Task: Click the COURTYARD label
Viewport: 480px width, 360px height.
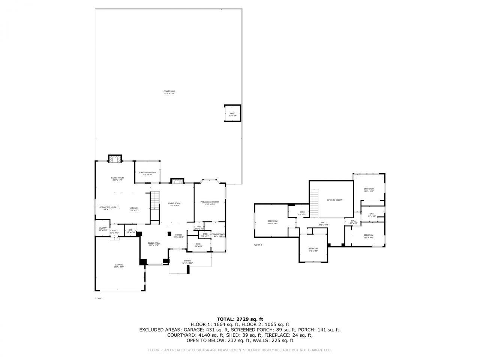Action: tap(169, 91)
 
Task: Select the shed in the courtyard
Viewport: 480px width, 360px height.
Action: tap(232, 113)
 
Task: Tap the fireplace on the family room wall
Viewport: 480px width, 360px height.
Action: tap(115, 159)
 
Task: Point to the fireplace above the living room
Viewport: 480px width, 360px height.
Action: tap(177, 181)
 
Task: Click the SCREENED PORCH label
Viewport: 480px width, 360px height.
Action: tap(147, 172)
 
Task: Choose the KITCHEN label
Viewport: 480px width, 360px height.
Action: tap(134, 208)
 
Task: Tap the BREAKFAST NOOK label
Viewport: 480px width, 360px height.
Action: tap(108, 207)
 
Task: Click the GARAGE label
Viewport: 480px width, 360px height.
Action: tap(119, 265)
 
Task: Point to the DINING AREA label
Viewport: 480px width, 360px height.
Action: tap(154, 243)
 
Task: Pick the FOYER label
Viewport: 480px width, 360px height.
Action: tap(178, 235)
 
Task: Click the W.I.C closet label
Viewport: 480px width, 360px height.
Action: tap(198, 244)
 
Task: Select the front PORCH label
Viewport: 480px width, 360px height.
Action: tap(187, 261)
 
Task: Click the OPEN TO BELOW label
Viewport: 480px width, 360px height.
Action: tap(335, 200)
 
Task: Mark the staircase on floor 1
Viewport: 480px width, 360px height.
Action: tap(155, 205)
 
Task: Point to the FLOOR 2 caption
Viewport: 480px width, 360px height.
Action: tap(258, 245)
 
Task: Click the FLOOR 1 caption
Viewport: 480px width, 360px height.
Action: tap(98, 298)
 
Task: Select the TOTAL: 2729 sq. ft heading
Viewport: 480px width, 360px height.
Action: tap(240, 319)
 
